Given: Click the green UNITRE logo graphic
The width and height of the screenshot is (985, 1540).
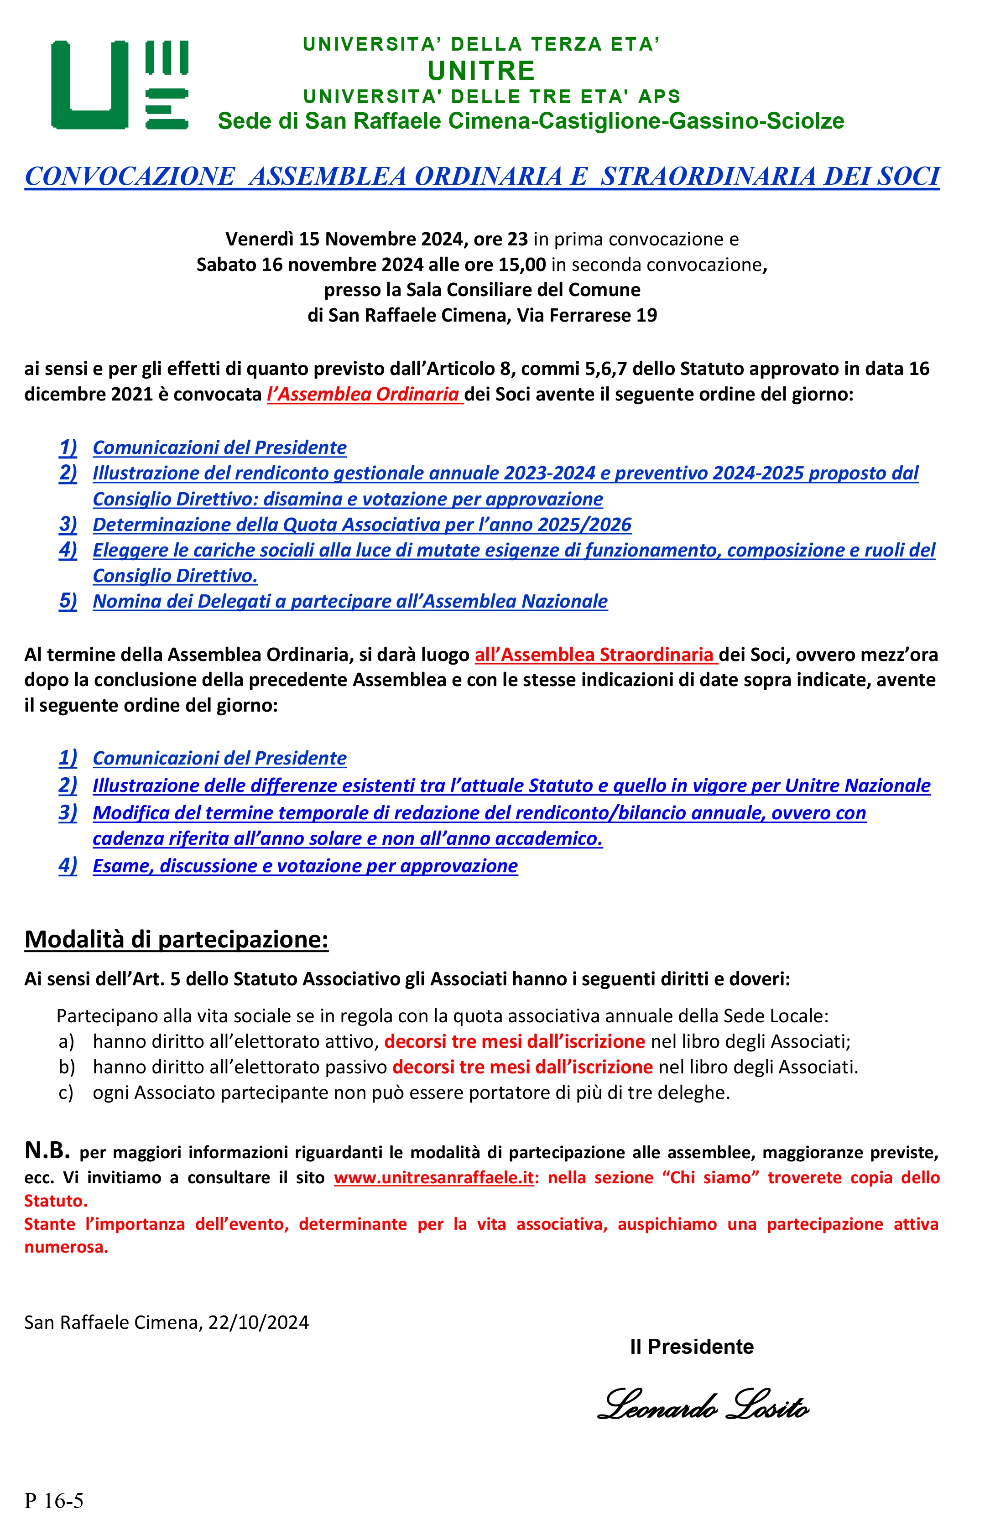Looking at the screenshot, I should [120, 84].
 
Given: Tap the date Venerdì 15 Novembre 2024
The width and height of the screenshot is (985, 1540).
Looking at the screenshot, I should [344, 239].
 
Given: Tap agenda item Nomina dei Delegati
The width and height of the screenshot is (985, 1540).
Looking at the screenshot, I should [350, 601].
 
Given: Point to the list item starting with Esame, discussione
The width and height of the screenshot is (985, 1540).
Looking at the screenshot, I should [305, 866].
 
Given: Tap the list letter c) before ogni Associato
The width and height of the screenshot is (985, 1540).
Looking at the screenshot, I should [66, 1093].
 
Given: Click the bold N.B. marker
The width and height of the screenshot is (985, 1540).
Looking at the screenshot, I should [47, 1150].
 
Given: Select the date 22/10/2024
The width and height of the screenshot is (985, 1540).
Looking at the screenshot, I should [258, 1322].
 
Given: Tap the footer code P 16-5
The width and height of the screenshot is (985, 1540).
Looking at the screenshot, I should [54, 1501].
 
